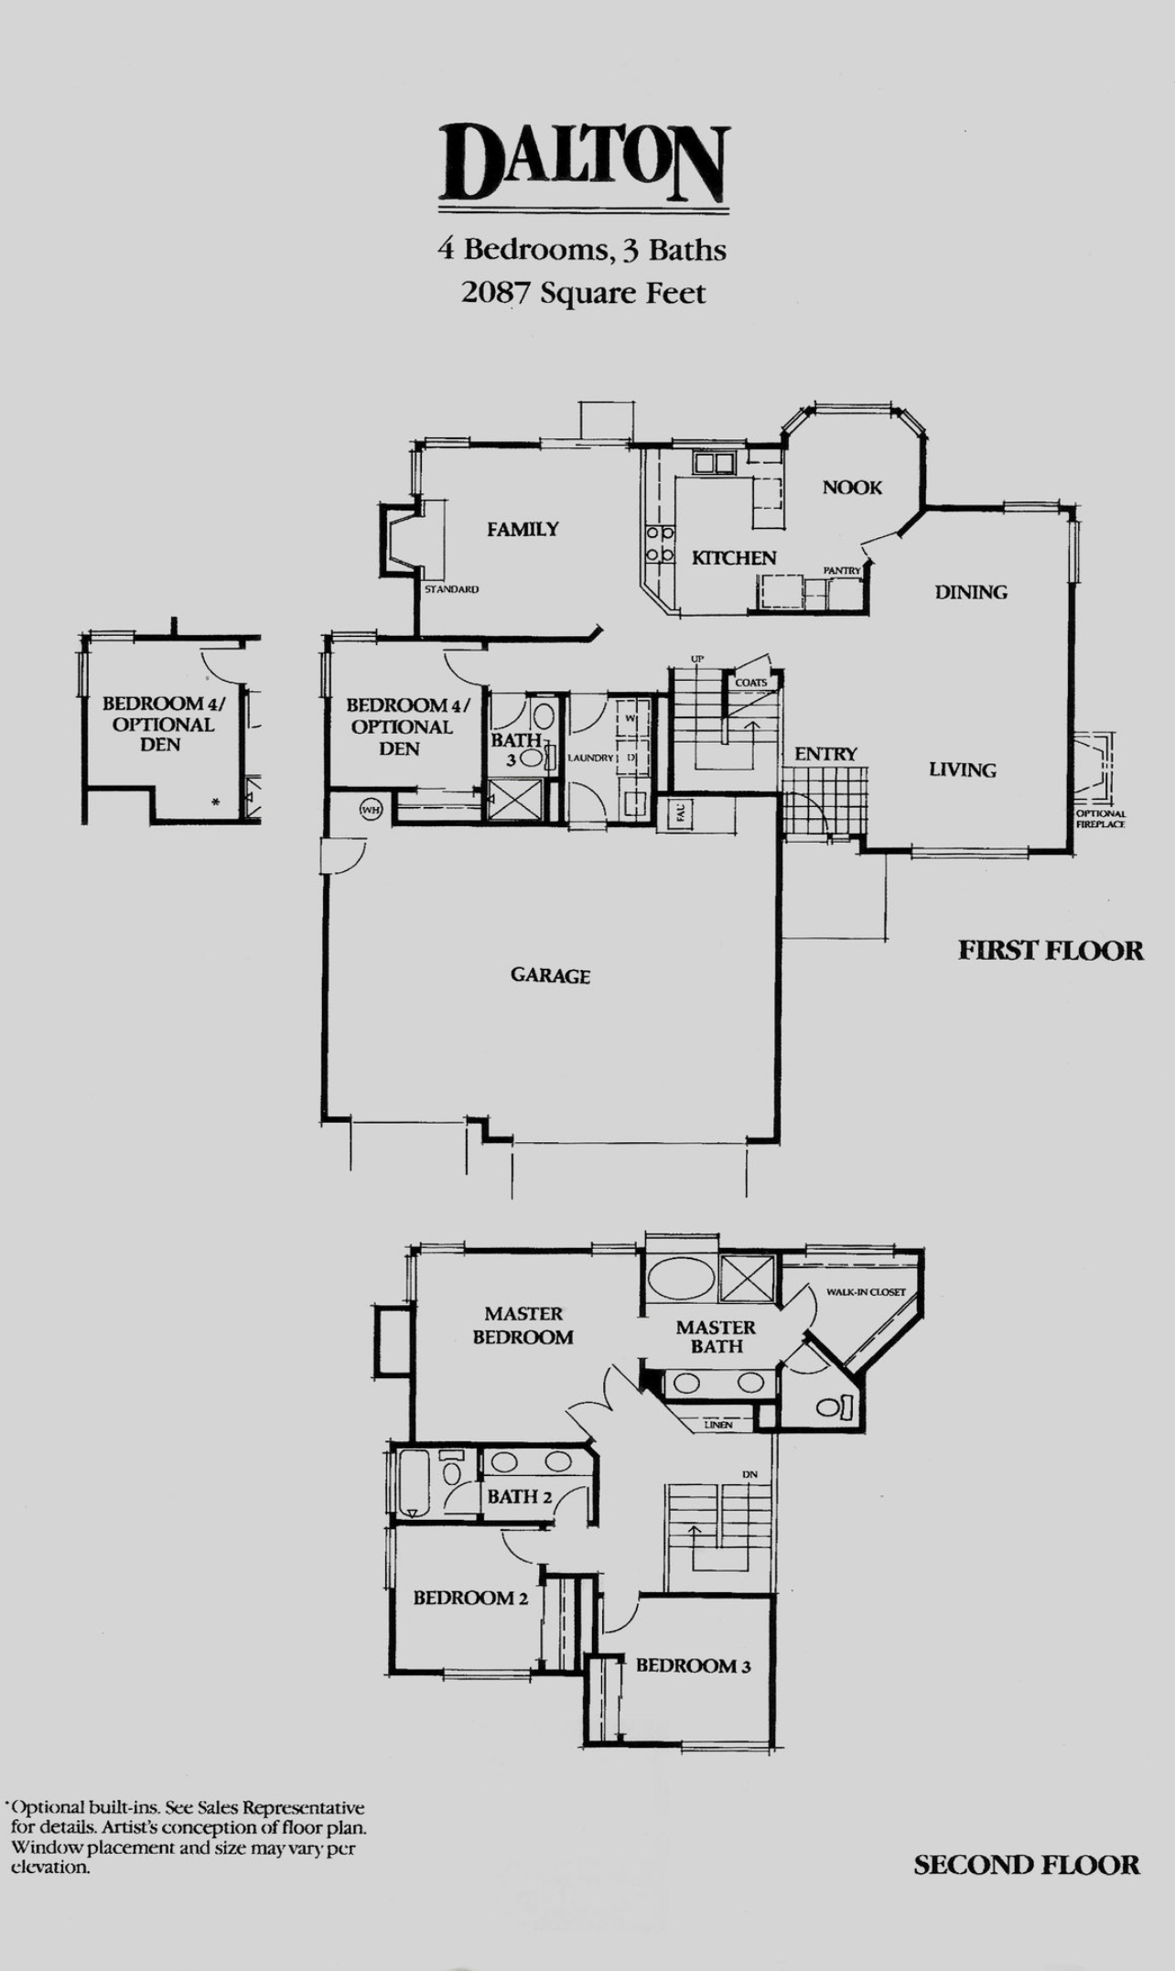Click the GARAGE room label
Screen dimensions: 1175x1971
tap(550, 975)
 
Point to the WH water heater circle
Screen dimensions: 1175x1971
tap(370, 810)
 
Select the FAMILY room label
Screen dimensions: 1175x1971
tap(523, 529)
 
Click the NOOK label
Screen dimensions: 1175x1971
tap(852, 488)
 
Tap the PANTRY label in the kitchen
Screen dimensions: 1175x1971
tap(842, 570)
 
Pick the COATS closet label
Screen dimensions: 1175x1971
tap(751, 683)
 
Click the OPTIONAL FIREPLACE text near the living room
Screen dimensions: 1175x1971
tap(1101, 819)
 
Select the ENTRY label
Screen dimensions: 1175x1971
tap(825, 754)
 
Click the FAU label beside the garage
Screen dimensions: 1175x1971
tap(682, 812)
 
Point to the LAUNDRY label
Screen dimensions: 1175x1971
tap(590, 758)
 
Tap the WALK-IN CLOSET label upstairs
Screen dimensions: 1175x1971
tap(866, 1292)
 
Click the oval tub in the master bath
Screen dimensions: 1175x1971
tap(677, 1279)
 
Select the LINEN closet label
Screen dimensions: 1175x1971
tap(718, 1425)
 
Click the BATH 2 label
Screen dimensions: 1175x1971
tap(520, 1497)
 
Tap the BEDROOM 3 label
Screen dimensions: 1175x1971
tap(694, 1666)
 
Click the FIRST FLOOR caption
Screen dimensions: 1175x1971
tap(1051, 951)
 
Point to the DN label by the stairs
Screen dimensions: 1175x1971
tap(749, 1474)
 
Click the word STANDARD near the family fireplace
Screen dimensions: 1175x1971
tap(451, 589)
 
